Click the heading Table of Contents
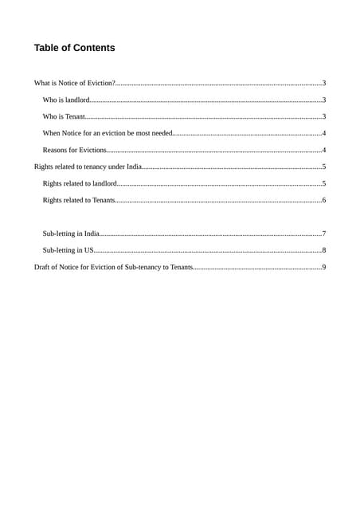[74, 48]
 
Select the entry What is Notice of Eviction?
[75, 83]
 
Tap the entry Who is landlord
[66, 100]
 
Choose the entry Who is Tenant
[64, 116]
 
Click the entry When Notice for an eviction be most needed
[108, 133]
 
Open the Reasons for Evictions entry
[74, 150]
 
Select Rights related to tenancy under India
[88, 167]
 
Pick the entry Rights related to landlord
[80, 183]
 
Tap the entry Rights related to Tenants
[79, 200]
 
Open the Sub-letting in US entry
[68, 250]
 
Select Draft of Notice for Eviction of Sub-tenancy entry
[113, 267]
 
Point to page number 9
[324, 267]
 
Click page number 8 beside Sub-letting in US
[324, 250]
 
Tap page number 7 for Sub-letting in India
[324, 233]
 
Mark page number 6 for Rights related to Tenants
[324, 200]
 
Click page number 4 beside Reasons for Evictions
[324, 150]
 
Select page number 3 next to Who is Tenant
[324, 116]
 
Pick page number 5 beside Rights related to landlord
[324, 183]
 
